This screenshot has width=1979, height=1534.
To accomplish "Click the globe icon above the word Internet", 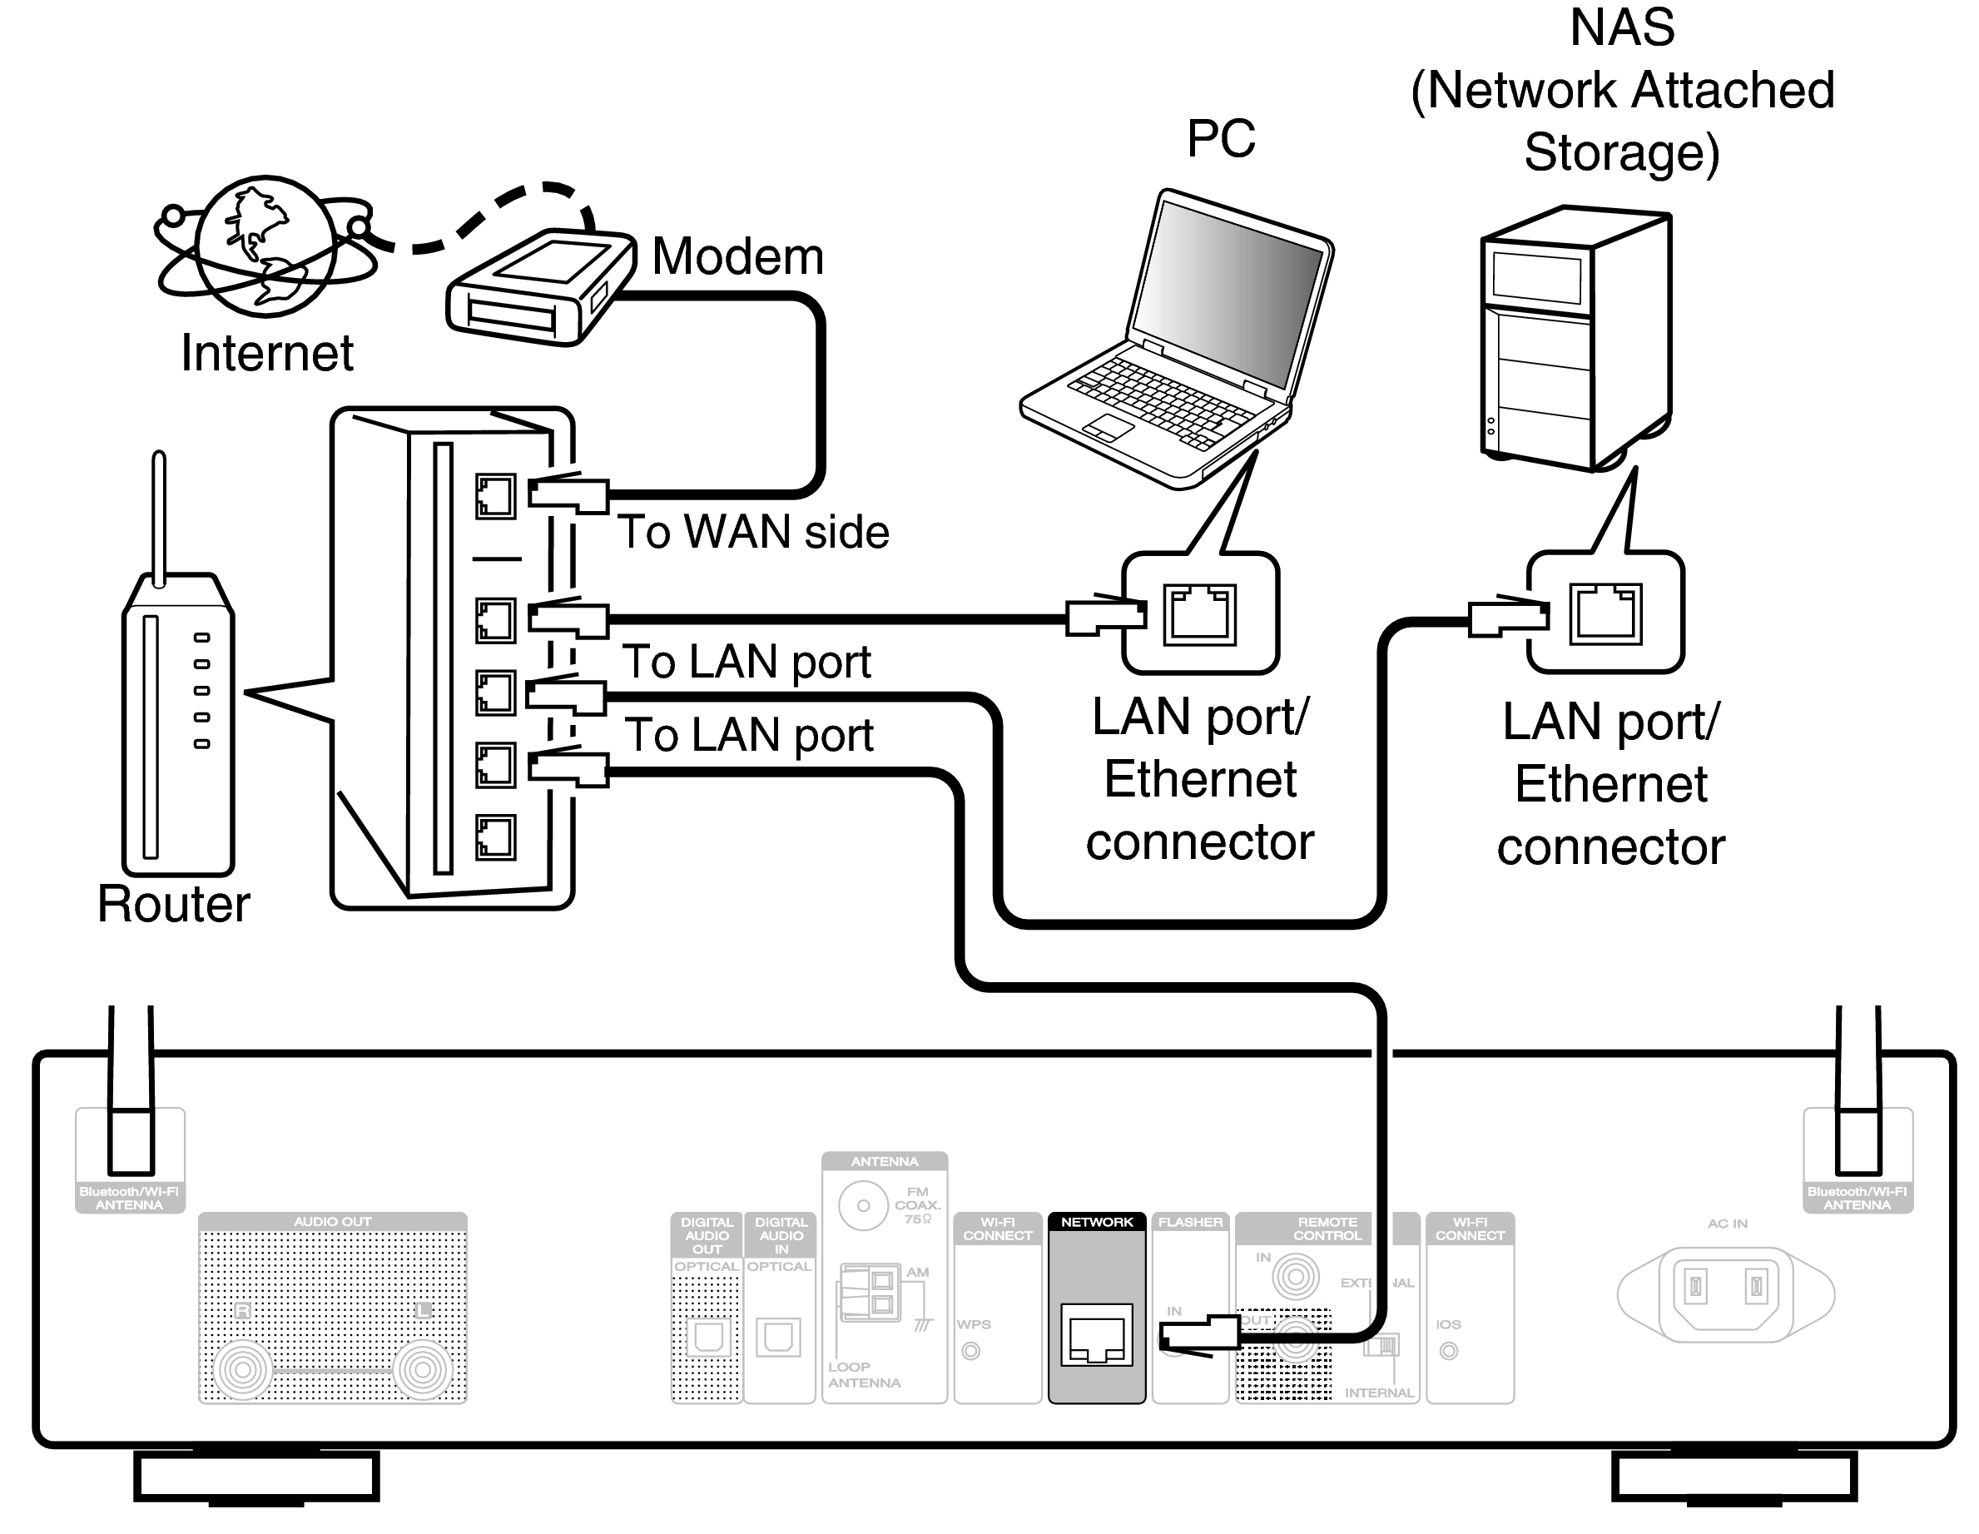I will point(265,246).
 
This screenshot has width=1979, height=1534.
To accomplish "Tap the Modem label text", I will point(737,256).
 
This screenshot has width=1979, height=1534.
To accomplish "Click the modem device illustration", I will point(540,288).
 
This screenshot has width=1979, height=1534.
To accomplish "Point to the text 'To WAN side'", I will point(753,532).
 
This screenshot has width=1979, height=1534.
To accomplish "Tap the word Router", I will point(173,904).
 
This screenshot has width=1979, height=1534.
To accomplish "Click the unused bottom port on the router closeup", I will point(494,837).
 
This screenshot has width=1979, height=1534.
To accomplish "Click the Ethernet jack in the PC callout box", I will point(1199,614).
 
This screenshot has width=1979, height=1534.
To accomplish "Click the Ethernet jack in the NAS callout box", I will point(1605,613).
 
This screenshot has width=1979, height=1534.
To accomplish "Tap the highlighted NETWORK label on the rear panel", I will point(1096,1223).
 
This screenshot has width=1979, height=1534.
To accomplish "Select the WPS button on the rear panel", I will point(970,1351).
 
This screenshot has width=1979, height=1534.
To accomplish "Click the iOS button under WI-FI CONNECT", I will point(1448,1351).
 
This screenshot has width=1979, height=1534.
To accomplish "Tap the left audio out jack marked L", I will point(421,1370).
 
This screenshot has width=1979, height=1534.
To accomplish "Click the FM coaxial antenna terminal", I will point(863,1206).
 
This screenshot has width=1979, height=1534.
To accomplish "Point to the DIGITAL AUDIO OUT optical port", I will point(707,1338).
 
